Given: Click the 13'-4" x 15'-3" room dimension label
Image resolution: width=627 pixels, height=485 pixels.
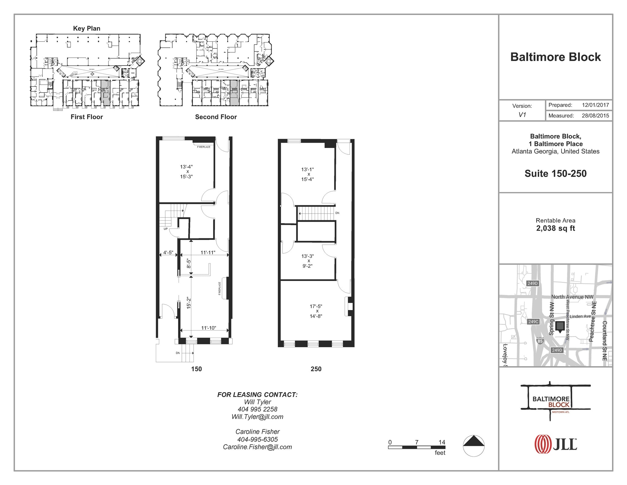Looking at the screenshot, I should [x=186, y=172].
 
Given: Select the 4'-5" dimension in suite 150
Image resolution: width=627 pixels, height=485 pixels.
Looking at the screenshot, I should [x=168, y=253].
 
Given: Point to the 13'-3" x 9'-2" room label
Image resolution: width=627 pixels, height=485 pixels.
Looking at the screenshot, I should [x=307, y=261].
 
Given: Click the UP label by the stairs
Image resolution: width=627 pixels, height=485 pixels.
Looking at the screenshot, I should [x=166, y=229].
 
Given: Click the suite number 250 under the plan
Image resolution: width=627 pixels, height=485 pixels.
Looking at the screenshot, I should [x=316, y=369].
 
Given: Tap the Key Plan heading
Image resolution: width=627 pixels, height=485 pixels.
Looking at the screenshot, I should [x=87, y=28].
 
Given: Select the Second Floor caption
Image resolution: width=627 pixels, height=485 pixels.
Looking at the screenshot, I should [x=216, y=117].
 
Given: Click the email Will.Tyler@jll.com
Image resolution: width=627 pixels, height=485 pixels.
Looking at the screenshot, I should [x=257, y=417].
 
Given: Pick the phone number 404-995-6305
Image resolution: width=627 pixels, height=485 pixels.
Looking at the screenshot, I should [x=257, y=439].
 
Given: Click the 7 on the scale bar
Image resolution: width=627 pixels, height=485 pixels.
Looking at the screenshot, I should [x=417, y=442].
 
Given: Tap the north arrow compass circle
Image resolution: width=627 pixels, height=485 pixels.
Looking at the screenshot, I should [x=474, y=446].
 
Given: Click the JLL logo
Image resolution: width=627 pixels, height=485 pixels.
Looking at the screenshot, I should [x=555, y=444].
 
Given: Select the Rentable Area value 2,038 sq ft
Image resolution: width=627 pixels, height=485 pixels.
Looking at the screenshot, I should [x=555, y=228].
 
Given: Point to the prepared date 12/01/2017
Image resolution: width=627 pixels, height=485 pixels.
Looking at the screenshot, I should [x=595, y=105].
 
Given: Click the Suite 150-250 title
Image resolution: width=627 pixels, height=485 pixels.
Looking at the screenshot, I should [x=555, y=173].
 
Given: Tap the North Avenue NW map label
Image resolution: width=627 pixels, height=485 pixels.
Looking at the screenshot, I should [x=572, y=297].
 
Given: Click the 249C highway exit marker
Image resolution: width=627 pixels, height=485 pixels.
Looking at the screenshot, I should [x=533, y=322].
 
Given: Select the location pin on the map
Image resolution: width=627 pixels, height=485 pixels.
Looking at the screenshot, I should [x=560, y=327].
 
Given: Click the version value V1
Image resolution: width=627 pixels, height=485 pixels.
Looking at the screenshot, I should [x=522, y=115].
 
